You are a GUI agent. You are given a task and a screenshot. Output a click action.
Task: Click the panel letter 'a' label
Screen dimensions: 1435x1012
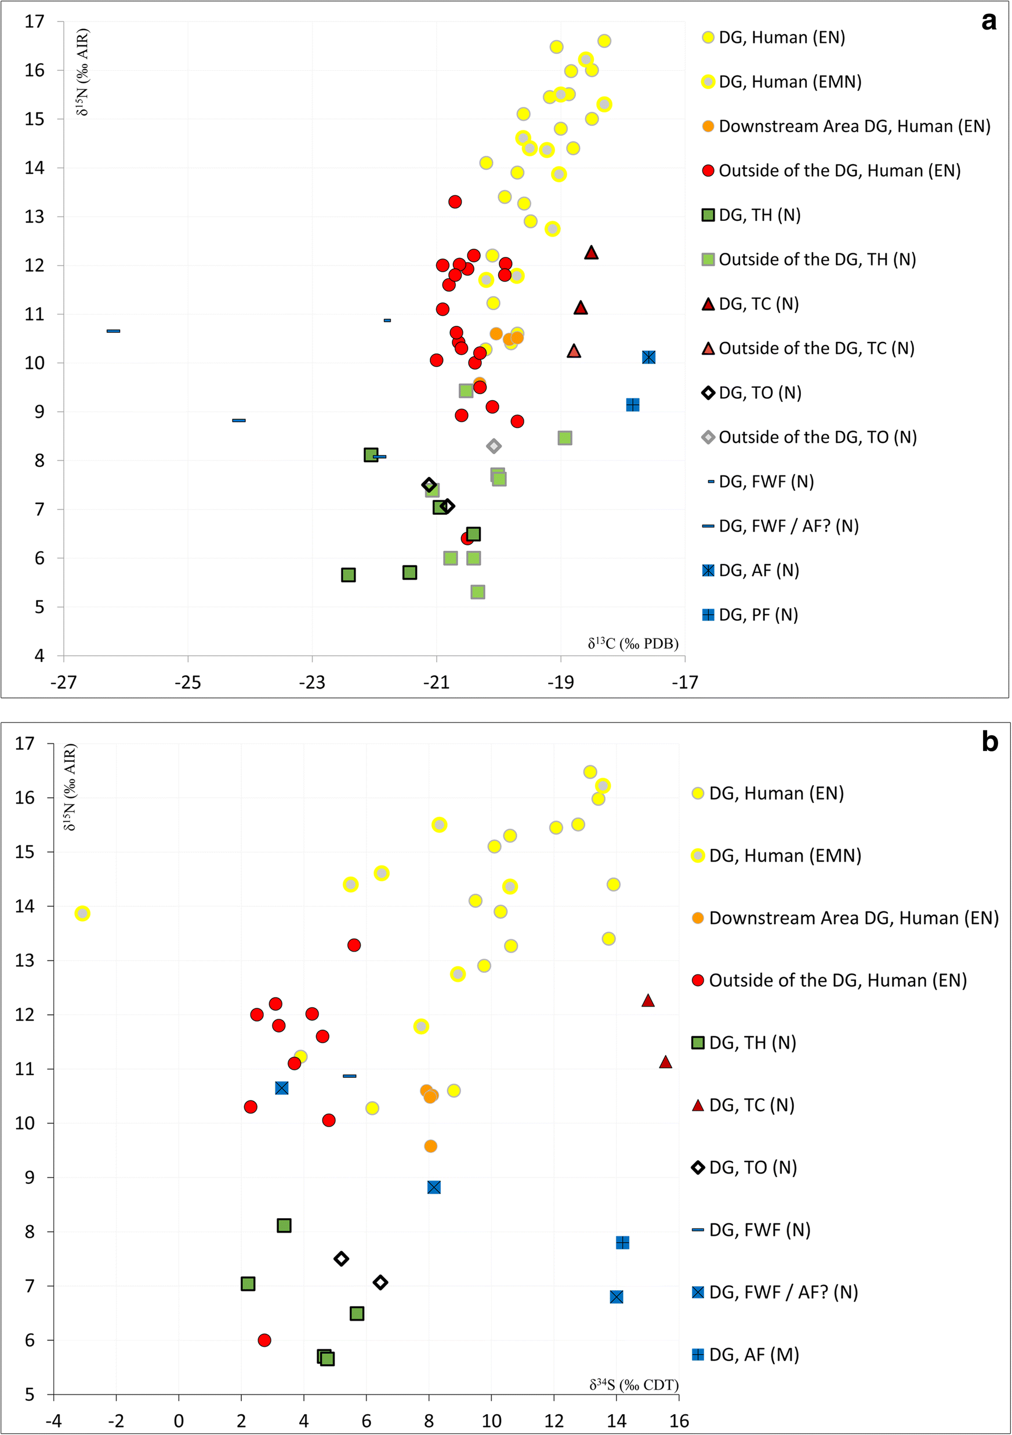coord(988,21)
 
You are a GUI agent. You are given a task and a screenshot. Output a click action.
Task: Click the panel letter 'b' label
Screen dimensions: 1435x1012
coord(989,742)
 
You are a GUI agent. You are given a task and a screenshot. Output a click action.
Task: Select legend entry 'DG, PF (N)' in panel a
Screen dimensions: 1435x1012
coord(757,615)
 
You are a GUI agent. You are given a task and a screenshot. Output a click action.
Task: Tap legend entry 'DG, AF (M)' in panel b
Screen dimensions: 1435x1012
coord(753,1354)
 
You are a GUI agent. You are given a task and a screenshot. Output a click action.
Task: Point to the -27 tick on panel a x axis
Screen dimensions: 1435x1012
coord(63,682)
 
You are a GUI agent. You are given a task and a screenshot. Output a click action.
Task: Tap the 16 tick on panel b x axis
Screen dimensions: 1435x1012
coord(679,1421)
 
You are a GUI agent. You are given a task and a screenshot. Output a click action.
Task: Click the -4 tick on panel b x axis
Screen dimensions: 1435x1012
coord(54,1421)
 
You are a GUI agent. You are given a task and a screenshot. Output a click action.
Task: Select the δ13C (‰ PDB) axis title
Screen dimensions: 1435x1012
coord(633,644)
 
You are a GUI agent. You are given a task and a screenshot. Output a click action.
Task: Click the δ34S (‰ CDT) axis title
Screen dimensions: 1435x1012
coord(633,1385)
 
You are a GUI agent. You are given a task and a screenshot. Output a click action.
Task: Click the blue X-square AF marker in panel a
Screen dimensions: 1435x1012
coord(649,358)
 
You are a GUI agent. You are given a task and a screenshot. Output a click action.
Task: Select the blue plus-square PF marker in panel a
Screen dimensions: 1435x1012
coord(633,405)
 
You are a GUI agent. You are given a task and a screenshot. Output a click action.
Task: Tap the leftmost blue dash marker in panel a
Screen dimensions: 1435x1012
coord(113,330)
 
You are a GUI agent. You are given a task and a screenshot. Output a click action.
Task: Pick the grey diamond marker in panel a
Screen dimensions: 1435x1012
coord(494,446)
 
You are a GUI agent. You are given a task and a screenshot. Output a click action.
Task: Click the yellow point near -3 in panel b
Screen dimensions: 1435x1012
coord(82,914)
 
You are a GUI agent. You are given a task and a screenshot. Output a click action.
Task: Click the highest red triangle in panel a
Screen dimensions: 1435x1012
coord(592,252)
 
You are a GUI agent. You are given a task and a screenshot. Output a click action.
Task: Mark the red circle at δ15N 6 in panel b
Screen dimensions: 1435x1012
coord(264,1340)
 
